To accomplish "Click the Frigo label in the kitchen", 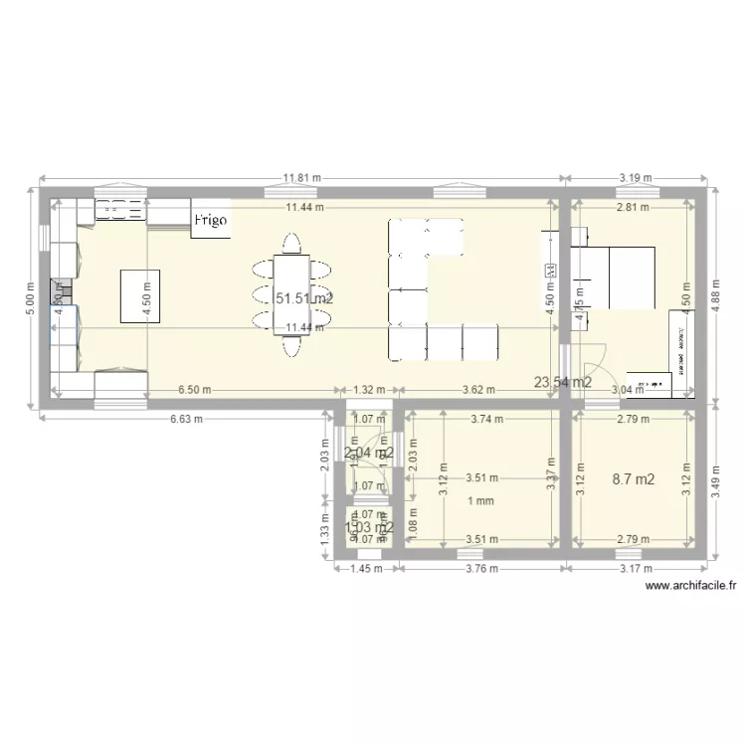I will tap(210, 219).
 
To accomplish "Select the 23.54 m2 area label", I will tap(563, 381).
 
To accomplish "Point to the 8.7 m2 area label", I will tap(634, 479).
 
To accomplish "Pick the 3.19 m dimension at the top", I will tap(635, 179).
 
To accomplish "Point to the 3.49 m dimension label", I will tap(716, 483).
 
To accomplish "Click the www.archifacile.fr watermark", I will tap(690, 587).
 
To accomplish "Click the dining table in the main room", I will tap(291, 295).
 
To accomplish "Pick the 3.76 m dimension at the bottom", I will tap(481, 569).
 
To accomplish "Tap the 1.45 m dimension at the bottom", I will tap(367, 569).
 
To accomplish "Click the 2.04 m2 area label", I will tap(368, 453).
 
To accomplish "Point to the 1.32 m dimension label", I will tap(367, 390).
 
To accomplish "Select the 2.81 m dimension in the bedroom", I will tap(633, 208).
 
